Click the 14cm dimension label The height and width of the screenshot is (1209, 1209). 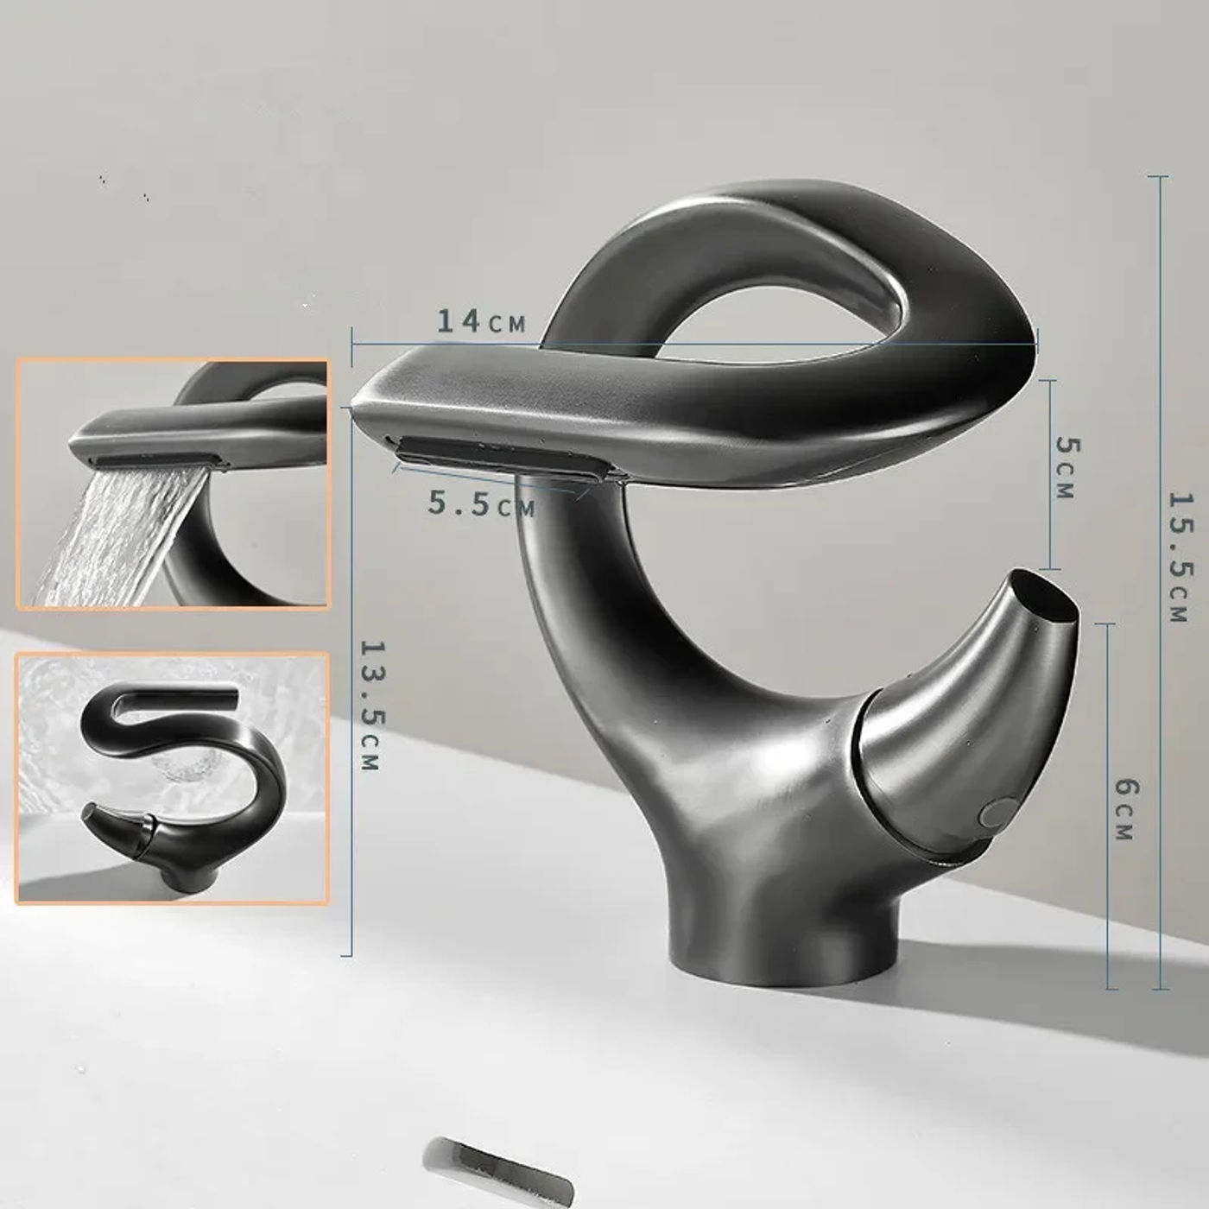[x=481, y=322]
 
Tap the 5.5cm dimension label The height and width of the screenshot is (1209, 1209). [x=482, y=503]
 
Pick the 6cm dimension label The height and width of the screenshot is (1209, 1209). [x=1125, y=808]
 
